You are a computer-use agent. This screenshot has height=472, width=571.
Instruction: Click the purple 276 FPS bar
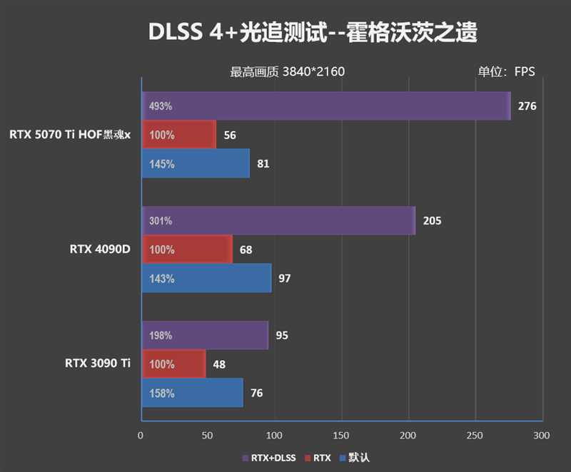326,106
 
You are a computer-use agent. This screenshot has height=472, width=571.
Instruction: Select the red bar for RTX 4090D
187,250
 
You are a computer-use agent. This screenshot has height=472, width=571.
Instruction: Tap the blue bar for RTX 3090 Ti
192,393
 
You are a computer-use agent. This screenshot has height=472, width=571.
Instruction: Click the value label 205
432,221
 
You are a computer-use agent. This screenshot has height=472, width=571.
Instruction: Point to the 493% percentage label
161,107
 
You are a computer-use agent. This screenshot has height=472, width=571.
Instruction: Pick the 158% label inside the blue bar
161,393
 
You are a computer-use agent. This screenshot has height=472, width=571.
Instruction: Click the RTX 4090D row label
100,250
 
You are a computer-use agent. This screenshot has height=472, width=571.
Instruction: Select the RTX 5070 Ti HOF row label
70,134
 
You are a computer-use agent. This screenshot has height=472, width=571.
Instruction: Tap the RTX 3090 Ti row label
98,364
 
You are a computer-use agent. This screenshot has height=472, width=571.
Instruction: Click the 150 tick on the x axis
341,435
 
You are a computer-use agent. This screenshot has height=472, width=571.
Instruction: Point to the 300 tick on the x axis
542,435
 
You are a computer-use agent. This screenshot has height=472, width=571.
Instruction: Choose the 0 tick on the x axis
141,435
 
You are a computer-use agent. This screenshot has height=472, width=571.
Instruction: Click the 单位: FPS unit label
505,71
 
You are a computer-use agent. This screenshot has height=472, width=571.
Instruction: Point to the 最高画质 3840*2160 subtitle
288,71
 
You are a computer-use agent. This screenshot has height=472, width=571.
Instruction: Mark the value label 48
219,364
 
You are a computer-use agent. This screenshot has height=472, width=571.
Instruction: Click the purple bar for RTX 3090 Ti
205,335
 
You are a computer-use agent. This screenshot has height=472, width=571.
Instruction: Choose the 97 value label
284,278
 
